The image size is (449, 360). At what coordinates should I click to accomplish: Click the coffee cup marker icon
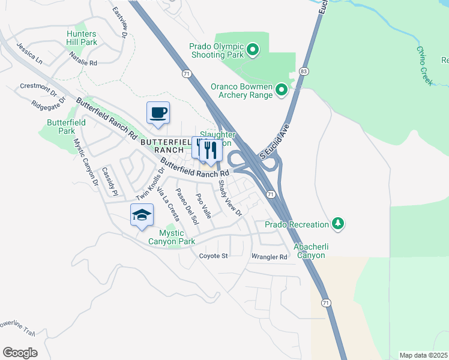[x=158, y=113]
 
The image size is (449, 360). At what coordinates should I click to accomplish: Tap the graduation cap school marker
[x=142, y=215]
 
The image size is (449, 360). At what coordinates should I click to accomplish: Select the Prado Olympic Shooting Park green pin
[x=253, y=50]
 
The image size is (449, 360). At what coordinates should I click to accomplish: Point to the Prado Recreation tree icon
[x=339, y=224]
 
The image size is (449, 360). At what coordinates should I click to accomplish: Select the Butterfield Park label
[x=66, y=127]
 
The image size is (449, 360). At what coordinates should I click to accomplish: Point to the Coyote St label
[x=214, y=256]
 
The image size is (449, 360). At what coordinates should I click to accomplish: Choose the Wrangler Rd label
[x=270, y=257]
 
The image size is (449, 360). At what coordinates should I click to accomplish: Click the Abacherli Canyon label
[x=309, y=251]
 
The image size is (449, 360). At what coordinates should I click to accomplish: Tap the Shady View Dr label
[x=229, y=198]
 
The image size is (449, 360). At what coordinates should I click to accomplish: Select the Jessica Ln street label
[x=30, y=53]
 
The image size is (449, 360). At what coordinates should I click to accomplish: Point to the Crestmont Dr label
[x=38, y=87]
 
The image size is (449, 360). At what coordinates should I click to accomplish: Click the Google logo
[x=20, y=352]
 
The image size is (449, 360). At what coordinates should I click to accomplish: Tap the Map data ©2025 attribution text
[x=423, y=355]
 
